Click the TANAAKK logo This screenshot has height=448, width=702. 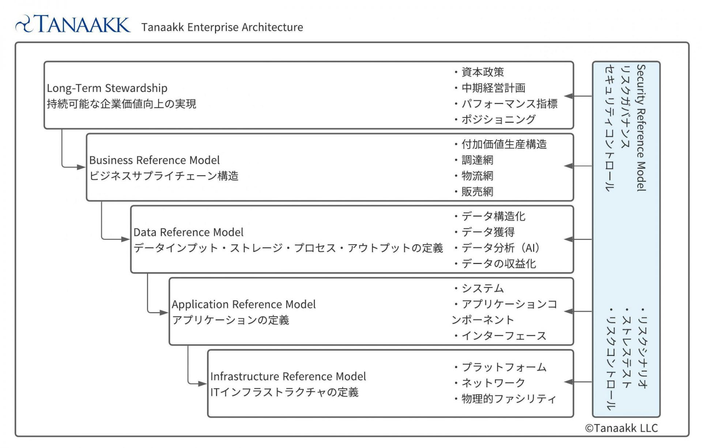point(72,24)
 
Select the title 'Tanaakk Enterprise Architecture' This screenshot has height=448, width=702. point(222,27)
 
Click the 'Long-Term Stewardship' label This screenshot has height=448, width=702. point(107,88)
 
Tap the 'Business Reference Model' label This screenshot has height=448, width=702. point(154,160)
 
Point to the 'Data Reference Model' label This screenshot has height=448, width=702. point(188,232)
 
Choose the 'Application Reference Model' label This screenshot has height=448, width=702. point(244,304)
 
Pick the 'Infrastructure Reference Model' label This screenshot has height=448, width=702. point(288,376)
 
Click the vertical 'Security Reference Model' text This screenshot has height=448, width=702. point(641,128)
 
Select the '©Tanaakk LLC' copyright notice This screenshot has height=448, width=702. point(621,428)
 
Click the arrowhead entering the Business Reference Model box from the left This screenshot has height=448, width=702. point(81,167)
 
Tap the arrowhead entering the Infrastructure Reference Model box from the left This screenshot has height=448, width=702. point(203,384)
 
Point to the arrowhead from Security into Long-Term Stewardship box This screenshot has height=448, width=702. point(569,96)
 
